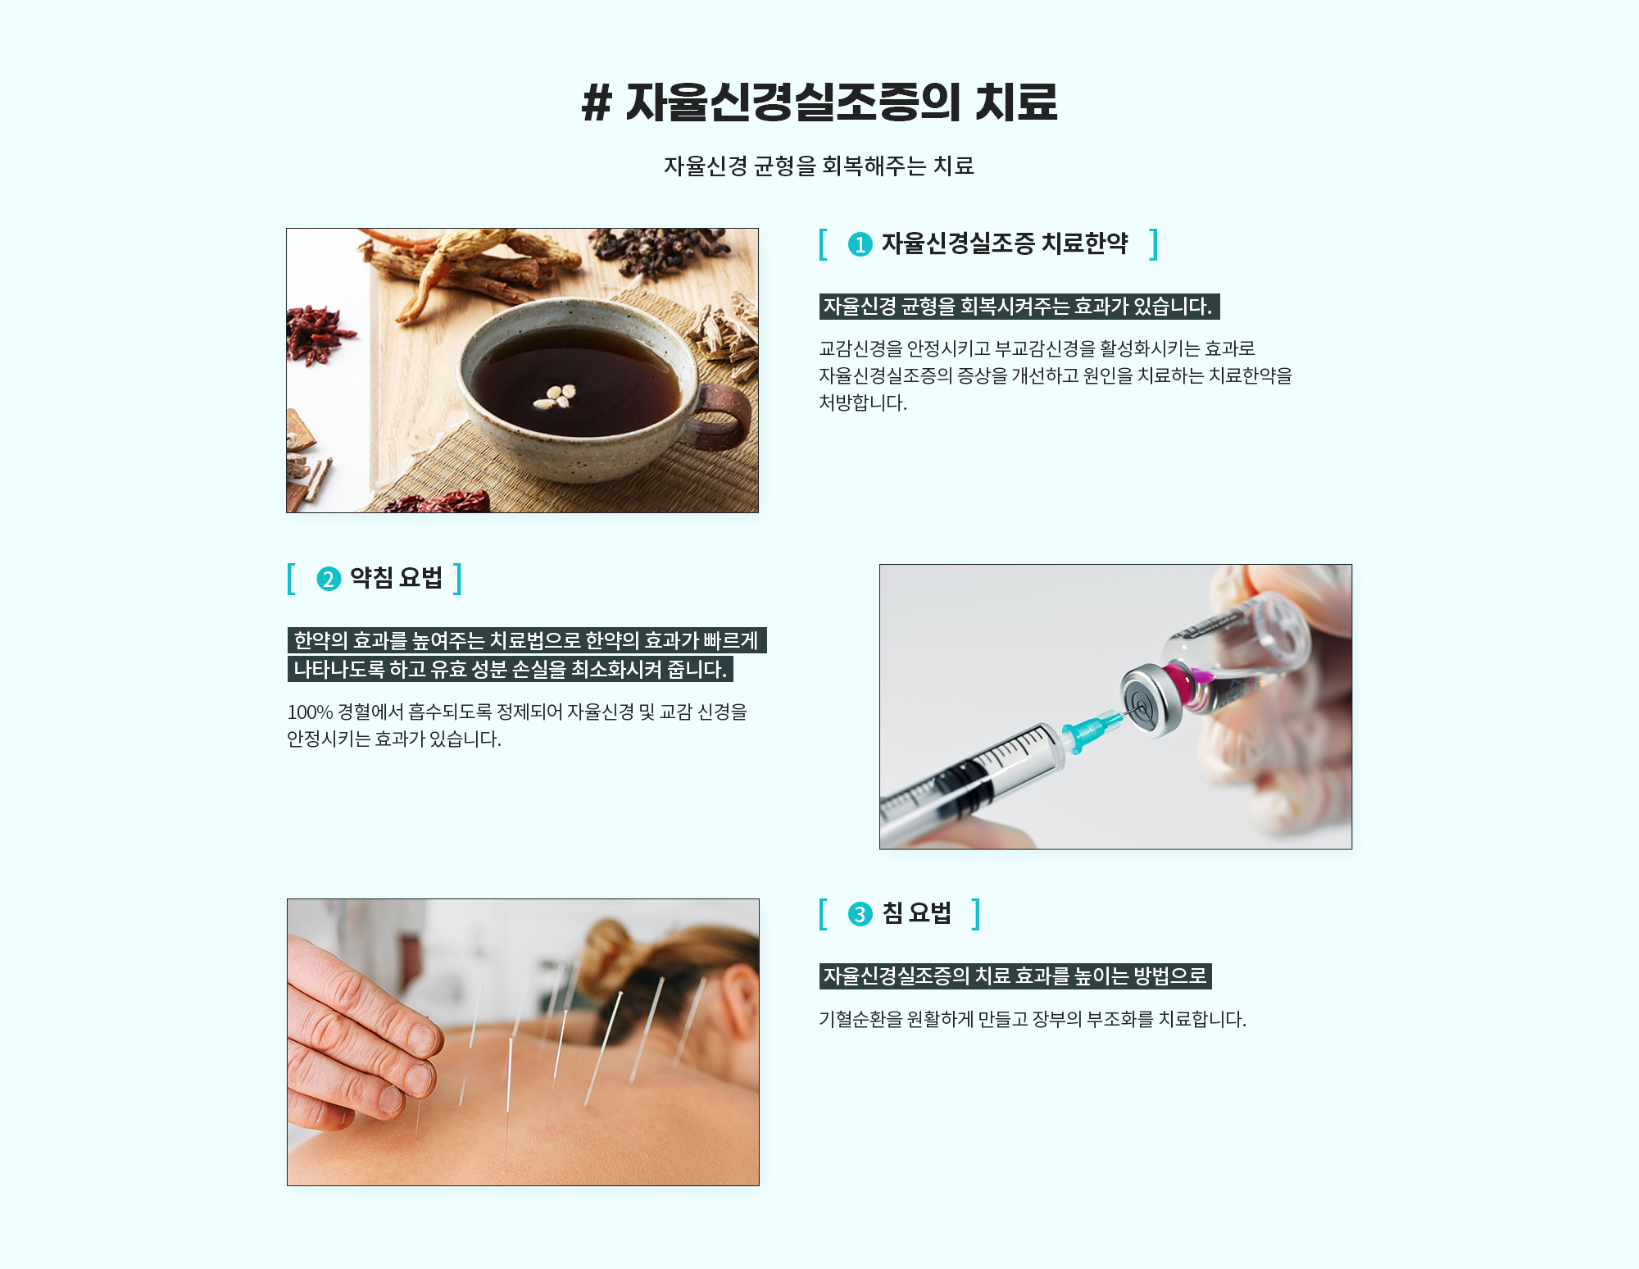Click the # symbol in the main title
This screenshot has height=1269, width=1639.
[x=597, y=104]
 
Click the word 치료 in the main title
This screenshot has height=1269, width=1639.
[x=1016, y=103]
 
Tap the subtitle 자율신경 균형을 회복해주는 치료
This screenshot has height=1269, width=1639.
[x=819, y=166]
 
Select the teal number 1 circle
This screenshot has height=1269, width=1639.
[x=860, y=244]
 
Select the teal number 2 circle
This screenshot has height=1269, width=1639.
[x=329, y=579]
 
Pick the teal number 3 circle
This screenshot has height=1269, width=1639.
[x=860, y=914]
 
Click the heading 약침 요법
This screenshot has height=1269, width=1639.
[x=397, y=578]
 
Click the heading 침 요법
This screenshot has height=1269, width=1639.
[x=917, y=913]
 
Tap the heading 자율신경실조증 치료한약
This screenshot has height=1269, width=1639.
[x=1005, y=243]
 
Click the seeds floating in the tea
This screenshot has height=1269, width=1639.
[x=555, y=396]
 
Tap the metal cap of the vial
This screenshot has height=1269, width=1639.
[x=1151, y=698]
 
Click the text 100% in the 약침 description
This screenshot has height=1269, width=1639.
[x=310, y=712]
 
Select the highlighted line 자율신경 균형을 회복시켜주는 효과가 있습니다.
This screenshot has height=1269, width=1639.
[x=1019, y=307]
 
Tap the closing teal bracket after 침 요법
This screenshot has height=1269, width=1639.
[x=976, y=914]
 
